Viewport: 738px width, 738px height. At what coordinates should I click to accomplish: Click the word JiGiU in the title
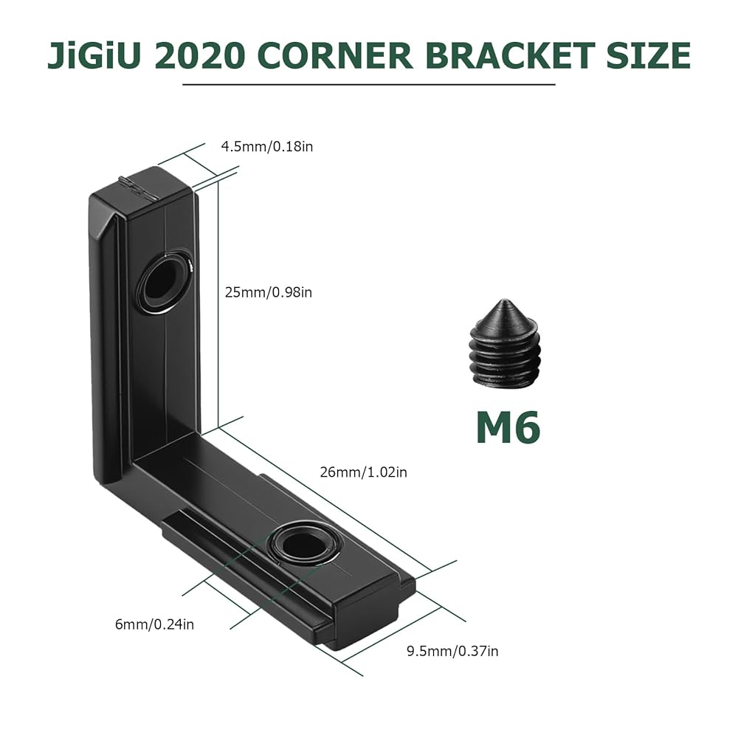pyautogui.click(x=94, y=56)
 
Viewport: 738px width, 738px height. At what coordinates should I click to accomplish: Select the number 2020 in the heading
pyautogui.click(x=200, y=56)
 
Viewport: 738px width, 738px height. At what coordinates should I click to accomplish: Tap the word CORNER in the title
pyautogui.click(x=335, y=56)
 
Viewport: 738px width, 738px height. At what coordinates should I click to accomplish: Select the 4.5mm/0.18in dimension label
pyautogui.click(x=267, y=146)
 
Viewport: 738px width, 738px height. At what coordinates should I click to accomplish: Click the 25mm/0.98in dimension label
pyautogui.click(x=269, y=292)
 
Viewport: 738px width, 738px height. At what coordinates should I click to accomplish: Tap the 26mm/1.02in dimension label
pyautogui.click(x=363, y=472)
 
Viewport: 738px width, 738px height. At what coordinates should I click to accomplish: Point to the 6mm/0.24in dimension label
pyautogui.click(x=154, y=624)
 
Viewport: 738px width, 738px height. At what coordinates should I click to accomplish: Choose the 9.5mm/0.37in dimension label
pyautogui.click(x=452, y=651)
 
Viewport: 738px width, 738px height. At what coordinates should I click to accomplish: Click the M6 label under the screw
pyautogui.click(x=508, y=427)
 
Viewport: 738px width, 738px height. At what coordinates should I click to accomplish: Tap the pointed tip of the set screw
pyautogui.click(x=504, y=300)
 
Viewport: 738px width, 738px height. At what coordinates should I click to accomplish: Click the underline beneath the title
pyautogui.click(x=368, y=85)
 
